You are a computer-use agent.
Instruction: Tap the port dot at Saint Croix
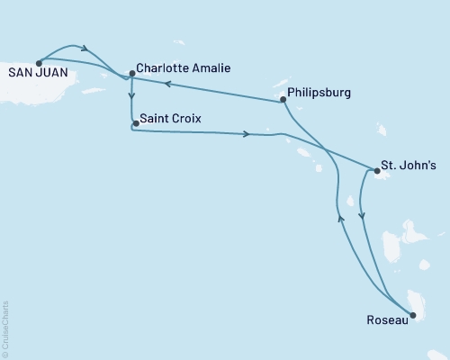pyautogui.click(x=135, y=123)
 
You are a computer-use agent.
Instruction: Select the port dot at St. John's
pyautogui.click(x=375, y=167)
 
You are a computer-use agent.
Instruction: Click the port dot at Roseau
pyautogui.click(x=412, y=315)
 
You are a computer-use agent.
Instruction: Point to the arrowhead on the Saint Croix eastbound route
pyautogui.click(x=246, y=135)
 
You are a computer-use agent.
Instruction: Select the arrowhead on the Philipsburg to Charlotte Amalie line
pyautogui.click(x=166, y=84)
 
